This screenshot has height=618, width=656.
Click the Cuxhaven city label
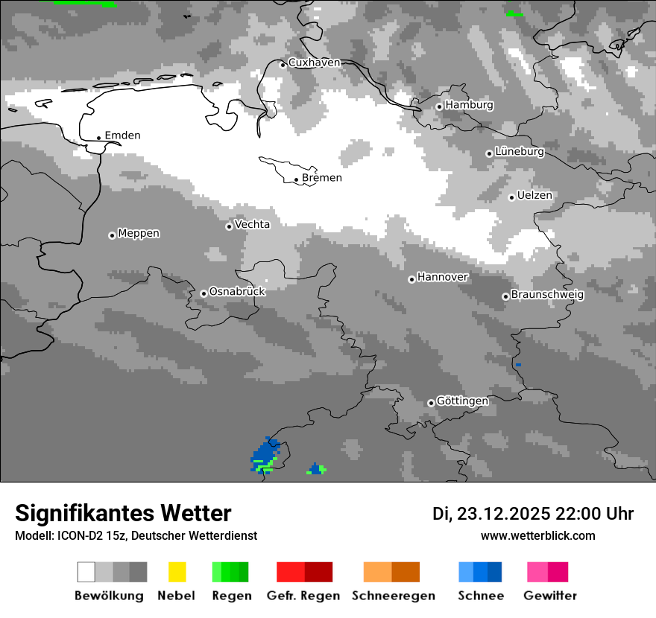coord(314,63)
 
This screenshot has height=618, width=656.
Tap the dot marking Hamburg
coord(439,106)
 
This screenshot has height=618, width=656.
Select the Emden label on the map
coord(122,136)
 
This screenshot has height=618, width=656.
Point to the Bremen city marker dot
coord(296,179)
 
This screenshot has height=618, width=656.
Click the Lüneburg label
coord(520,152)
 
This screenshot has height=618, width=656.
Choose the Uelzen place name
coord(534,196)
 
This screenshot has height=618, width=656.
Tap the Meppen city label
coord(139,234)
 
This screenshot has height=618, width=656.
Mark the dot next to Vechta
coord(229,226)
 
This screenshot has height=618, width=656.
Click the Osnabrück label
coord(237,292)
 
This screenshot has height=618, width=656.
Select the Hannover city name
coord(443,277)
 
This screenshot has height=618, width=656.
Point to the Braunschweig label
coord(547,295)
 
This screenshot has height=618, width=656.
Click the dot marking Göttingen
coord(431,403)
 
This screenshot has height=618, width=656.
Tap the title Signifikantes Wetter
coord(123,514)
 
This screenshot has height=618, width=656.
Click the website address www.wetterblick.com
coord(538,535)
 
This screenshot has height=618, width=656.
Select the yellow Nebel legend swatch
coord(177,572)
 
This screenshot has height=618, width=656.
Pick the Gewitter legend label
coord(550,596)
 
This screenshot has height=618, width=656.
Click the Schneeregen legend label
coord(394,596)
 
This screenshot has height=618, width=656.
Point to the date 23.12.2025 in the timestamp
coord(503,514)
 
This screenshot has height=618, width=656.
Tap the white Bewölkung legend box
coord(86,572)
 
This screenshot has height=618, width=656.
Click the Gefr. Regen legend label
coord(303,596)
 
